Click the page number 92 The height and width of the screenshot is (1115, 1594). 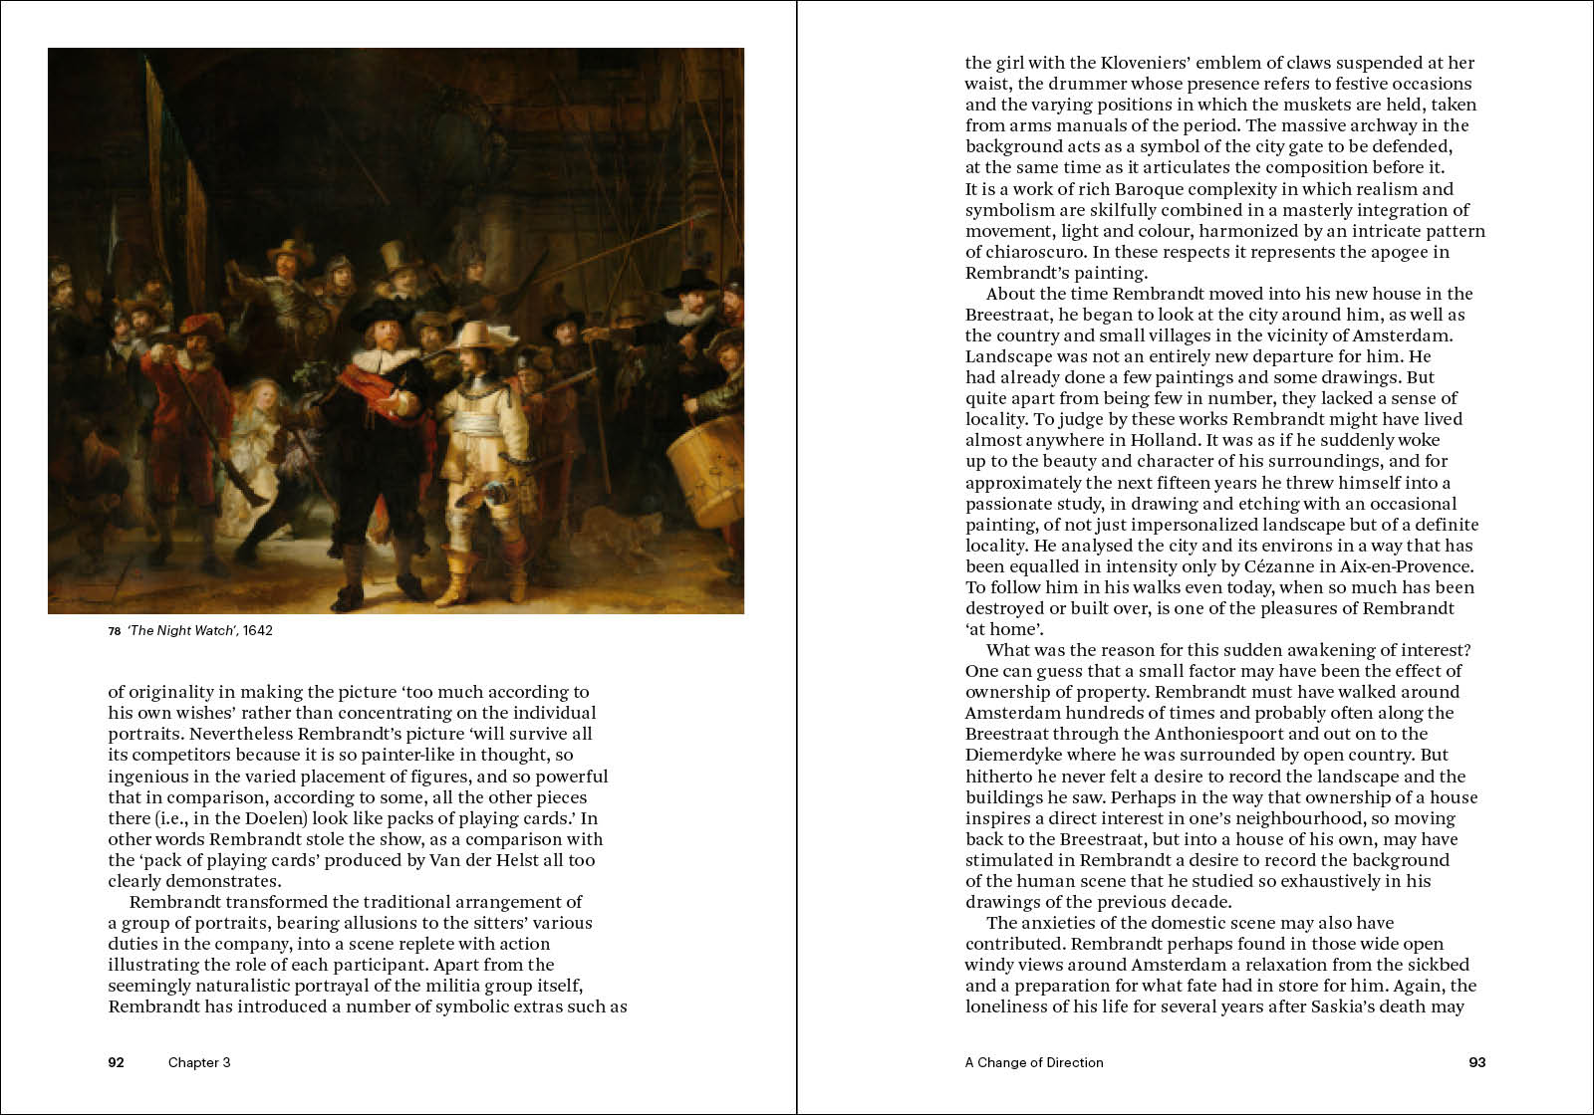117,1062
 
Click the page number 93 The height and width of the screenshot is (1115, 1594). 1477,1062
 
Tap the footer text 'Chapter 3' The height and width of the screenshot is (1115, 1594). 199,1062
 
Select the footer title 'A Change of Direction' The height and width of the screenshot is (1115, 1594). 1034,1062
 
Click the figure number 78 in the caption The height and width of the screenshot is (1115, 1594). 115,630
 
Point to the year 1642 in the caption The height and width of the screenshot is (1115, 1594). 257,630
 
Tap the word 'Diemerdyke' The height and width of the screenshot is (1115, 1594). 1013,755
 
